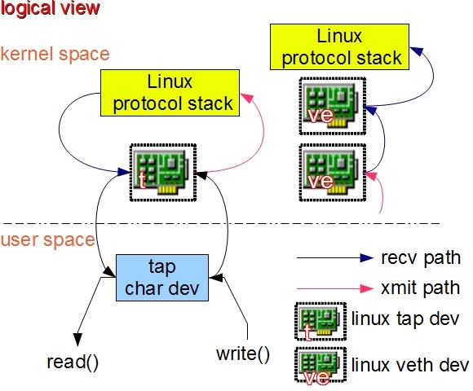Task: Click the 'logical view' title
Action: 51,9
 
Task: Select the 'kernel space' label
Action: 55,54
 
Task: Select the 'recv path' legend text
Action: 421,258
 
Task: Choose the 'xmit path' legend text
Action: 420,288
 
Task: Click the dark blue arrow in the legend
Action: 334,259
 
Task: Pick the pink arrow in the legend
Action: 334,288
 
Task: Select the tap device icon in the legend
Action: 319,321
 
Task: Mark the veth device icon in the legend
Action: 319,365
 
